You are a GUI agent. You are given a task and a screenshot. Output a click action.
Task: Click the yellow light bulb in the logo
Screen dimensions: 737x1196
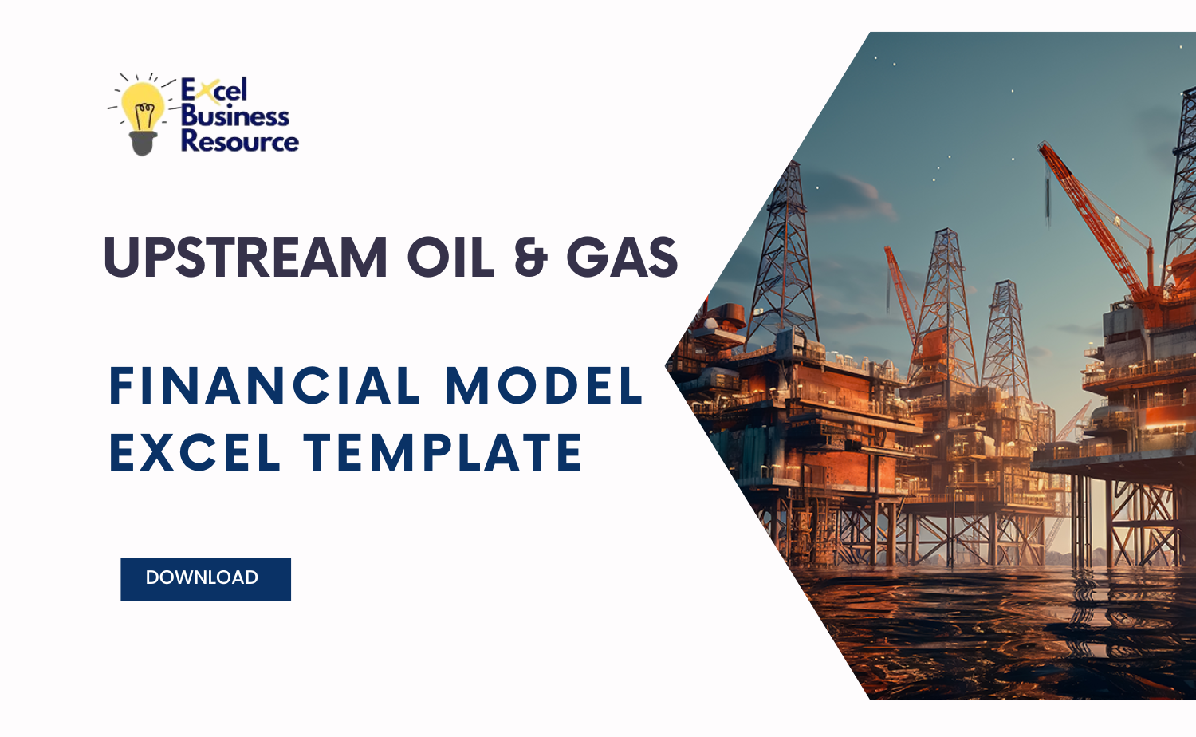144,108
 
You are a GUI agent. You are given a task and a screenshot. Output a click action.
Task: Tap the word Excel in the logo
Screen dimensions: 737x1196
214,89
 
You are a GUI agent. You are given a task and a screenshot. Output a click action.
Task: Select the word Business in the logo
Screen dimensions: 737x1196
234,116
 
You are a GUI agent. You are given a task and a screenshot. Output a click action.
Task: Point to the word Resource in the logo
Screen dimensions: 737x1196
239,141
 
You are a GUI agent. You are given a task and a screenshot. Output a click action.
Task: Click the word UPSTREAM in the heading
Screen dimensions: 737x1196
246,258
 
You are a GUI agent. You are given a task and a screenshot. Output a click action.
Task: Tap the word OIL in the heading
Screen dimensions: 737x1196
450,258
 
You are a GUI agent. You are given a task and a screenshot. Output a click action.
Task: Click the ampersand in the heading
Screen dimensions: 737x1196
530,258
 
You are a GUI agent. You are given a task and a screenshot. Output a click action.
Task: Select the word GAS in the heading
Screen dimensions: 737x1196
622,258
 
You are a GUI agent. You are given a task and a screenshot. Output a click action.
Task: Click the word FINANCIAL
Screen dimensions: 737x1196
264,386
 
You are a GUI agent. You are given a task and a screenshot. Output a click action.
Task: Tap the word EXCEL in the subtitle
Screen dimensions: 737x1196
195,452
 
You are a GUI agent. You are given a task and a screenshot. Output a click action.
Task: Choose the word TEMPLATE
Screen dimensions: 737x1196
443,452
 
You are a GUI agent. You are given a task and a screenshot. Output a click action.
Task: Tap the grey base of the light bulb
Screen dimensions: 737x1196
143,144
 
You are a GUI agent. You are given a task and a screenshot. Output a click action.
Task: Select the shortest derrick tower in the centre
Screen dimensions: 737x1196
1006,335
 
